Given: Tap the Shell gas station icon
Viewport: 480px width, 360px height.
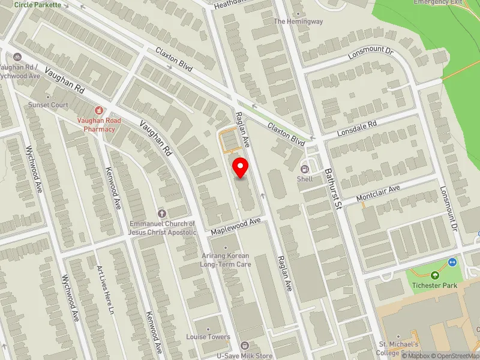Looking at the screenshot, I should [304, 169].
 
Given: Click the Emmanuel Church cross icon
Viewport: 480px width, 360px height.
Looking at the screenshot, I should [161, 213].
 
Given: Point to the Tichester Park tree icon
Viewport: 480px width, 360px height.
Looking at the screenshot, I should [434, 275].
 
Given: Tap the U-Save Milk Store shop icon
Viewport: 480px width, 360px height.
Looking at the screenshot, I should [244, 346].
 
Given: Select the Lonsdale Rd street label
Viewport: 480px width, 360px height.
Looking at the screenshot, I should [356, 127].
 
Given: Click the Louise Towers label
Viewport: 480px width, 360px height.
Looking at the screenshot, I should [208, 337].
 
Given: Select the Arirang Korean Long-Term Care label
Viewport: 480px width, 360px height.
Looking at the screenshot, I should [225, 260].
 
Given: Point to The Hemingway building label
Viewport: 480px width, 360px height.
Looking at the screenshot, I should [298, 22].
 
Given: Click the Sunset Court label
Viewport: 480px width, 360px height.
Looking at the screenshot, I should [48, 104].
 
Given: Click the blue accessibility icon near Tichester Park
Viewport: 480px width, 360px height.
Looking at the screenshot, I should [452, 262].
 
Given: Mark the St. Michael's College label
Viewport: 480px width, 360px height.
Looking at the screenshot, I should [398, 348].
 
